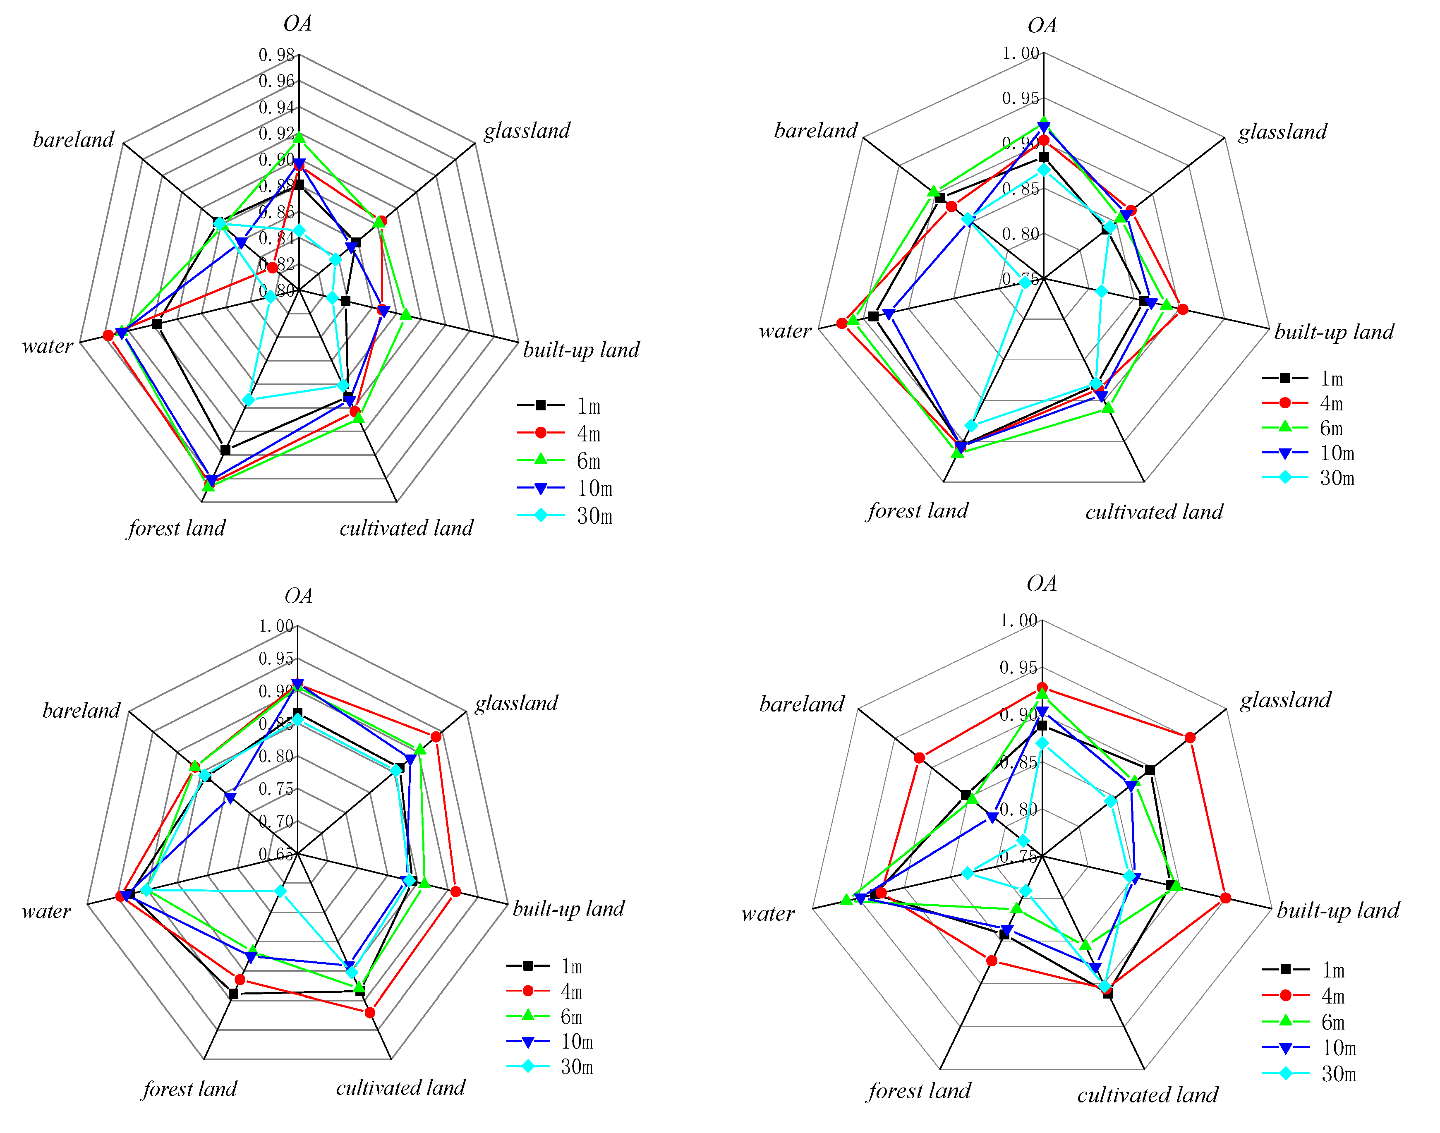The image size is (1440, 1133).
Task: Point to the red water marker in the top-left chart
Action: (x=108, y=335)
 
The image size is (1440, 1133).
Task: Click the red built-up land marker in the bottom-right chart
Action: (x=1225, y=898)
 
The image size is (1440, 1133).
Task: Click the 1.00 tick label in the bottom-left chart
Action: (x=275, y=625)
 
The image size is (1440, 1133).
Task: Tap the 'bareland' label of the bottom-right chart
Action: (x=801, y=704)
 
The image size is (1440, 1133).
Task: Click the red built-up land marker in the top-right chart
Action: (x=1182, y=309)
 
